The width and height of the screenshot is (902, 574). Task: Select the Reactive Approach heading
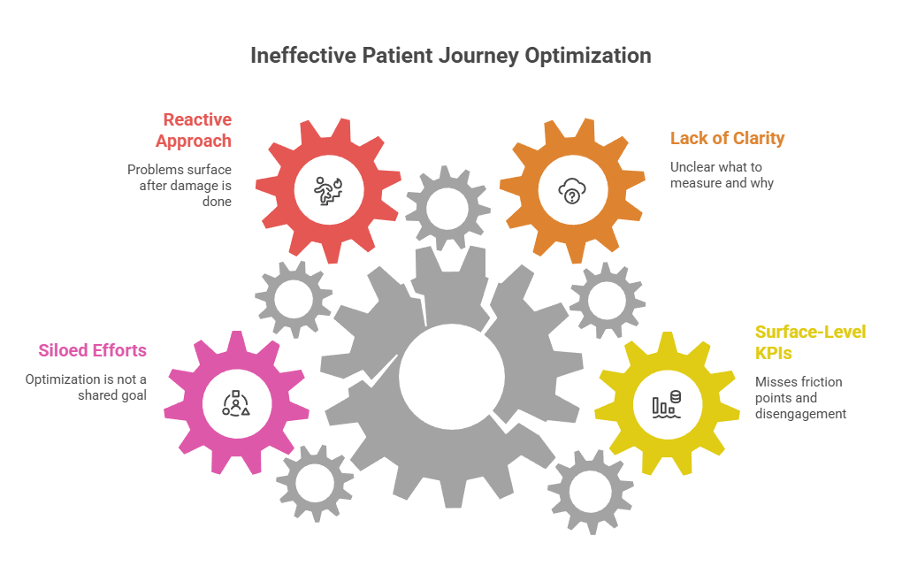(194, 130)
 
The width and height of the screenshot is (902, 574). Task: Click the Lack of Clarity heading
(727, 138)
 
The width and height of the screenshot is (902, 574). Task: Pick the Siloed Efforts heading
(93, 350)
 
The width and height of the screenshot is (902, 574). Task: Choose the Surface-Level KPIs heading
(810, 342)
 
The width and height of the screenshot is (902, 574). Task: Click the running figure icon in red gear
(327, 189)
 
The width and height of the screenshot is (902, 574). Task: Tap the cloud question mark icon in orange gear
(571, 189)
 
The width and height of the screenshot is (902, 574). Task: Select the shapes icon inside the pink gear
(235, 402)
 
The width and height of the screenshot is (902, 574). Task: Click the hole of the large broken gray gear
(451, 375)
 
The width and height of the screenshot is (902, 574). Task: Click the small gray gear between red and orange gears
(447, 208)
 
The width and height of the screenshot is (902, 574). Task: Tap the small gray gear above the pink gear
(293, 300)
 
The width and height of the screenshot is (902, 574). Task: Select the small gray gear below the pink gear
(314, 483)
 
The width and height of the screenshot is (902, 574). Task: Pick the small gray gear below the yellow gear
(590, 490)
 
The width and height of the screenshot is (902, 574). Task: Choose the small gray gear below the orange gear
(607, 300)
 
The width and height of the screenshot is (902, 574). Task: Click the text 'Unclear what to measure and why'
(722, 174)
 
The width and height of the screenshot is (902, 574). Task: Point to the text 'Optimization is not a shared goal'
(86, 387)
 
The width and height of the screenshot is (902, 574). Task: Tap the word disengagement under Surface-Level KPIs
(800, 413)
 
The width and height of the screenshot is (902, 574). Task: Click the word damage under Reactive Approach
(193, 185)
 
